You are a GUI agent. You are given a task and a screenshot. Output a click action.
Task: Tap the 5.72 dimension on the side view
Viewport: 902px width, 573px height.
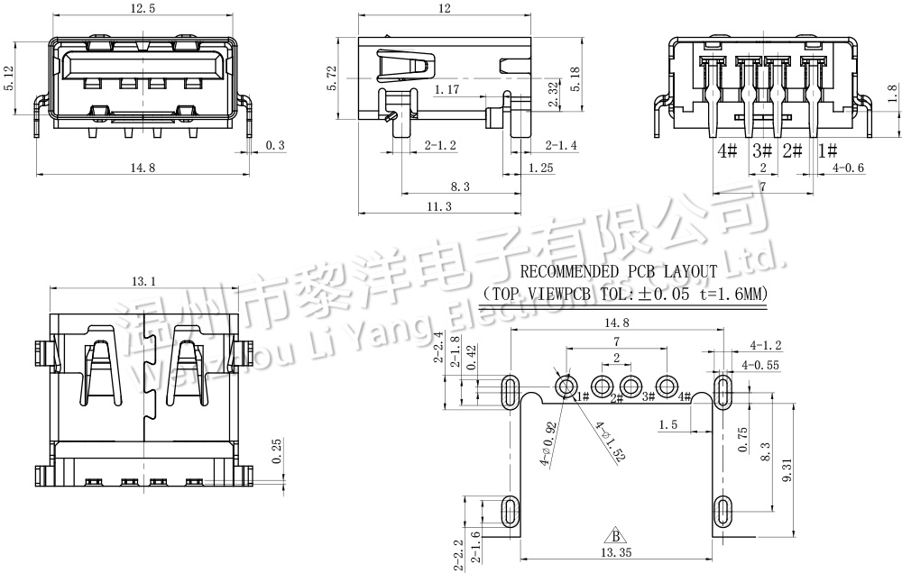(332, 78)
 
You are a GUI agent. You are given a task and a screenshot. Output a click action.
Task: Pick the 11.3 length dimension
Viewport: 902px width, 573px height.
(437, 206)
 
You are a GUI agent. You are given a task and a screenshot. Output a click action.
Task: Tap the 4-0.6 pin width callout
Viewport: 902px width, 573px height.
(848, 168)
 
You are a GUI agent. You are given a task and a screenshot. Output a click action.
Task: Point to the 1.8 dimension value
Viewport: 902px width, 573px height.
(892, 95)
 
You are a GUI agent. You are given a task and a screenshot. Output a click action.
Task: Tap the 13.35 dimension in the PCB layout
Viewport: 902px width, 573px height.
(617, 552)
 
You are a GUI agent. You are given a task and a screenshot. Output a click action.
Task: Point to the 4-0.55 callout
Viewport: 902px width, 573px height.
(759, 365)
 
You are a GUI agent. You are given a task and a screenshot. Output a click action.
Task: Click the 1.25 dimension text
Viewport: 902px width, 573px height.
(541, 168)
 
